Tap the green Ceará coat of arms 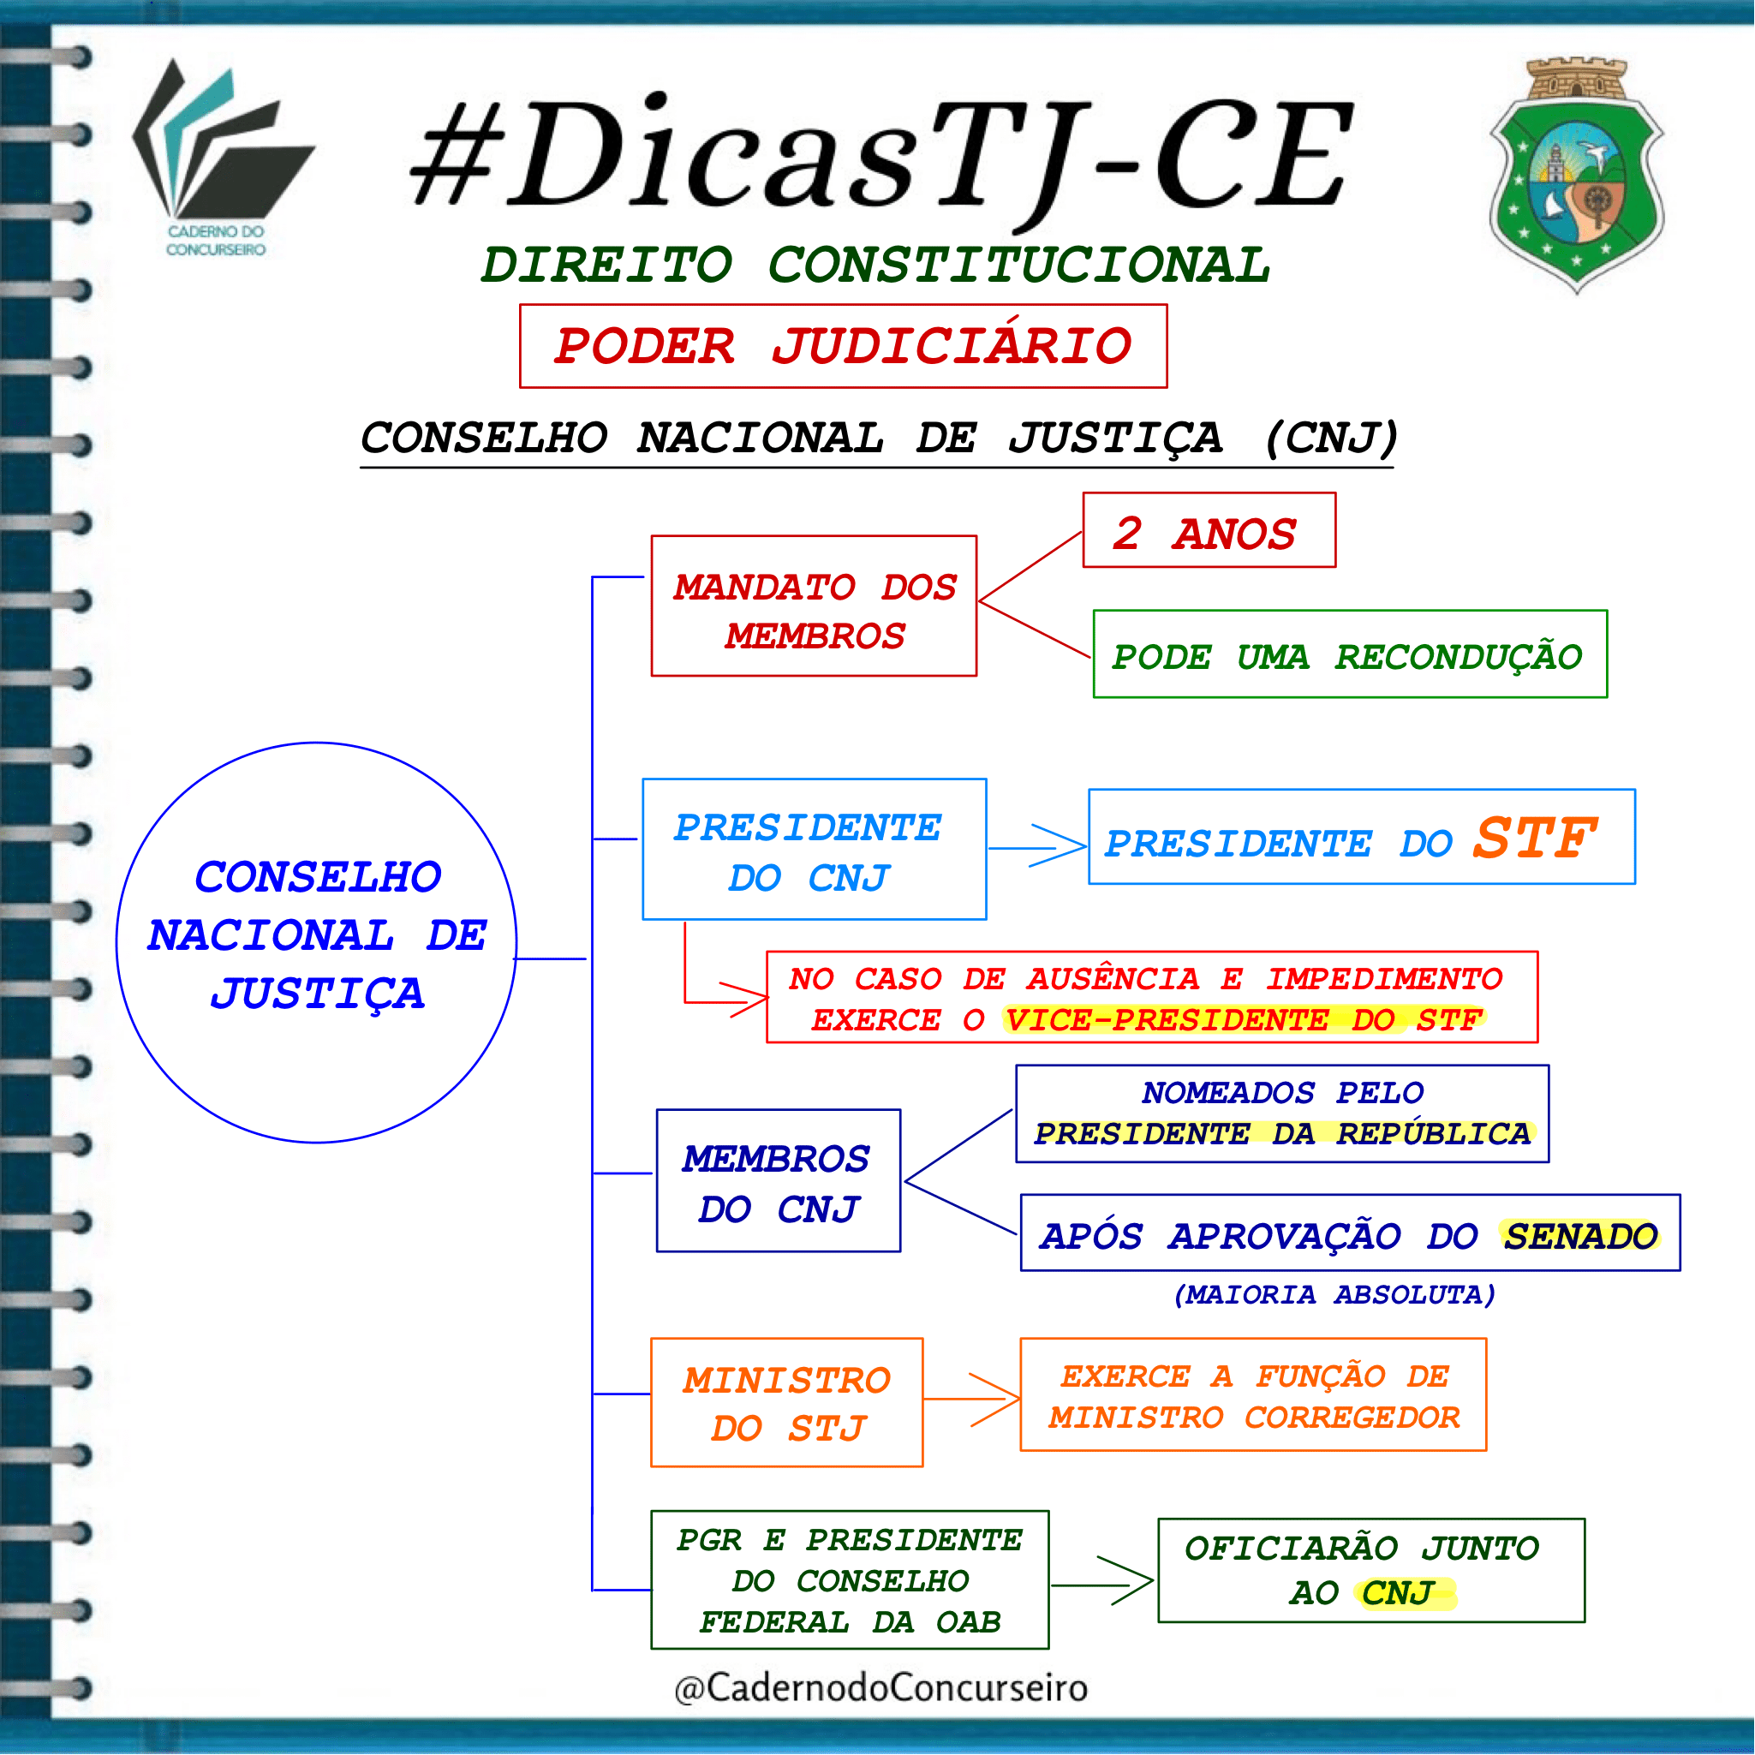(1577, 176)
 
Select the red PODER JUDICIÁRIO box (843, 346)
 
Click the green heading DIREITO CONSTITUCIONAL (875, 265)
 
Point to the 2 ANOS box (1209, 530)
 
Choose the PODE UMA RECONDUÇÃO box (1350, 654)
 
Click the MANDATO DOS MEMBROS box (814, 606)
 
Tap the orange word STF (1534, 838)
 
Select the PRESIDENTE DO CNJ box (814, 850)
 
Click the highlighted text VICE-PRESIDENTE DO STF (1244, 1020)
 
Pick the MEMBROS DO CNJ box (779, 1181)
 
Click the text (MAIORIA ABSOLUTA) (1334, 1294)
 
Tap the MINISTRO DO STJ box (786, 1403)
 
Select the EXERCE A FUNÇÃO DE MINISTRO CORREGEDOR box (1254, 1394)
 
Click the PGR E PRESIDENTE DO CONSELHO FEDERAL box (851, 1579)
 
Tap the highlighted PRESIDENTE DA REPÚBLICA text (1283, 1134)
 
